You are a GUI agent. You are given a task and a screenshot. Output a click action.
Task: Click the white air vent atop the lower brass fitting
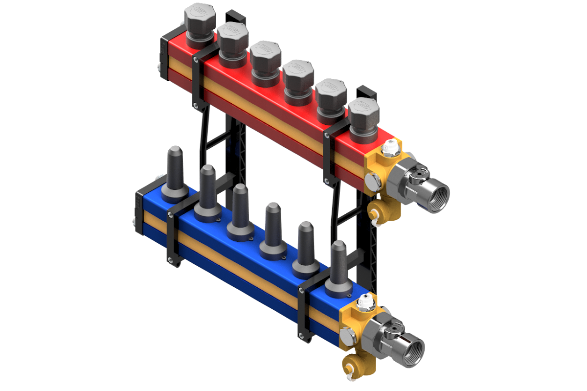(364, 301)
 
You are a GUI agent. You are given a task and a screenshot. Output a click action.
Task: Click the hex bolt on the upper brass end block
(373, 182)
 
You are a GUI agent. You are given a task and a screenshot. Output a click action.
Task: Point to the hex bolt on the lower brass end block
(346, 337)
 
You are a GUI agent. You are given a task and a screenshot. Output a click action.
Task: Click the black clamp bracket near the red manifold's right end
(329, 157)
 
